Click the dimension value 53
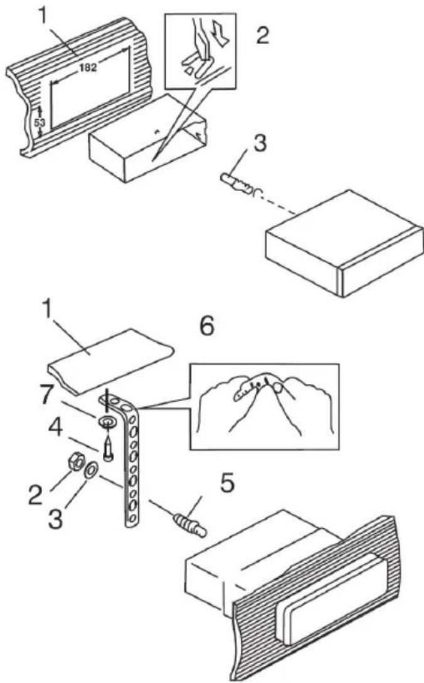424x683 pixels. point(40,122)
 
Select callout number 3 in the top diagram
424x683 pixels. point(260,143)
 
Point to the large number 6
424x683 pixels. point(207,326)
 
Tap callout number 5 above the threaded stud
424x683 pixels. point(227,483)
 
